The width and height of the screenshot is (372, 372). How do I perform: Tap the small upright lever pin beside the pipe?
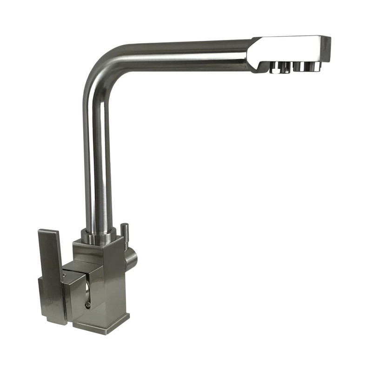click(x=124, y=232)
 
